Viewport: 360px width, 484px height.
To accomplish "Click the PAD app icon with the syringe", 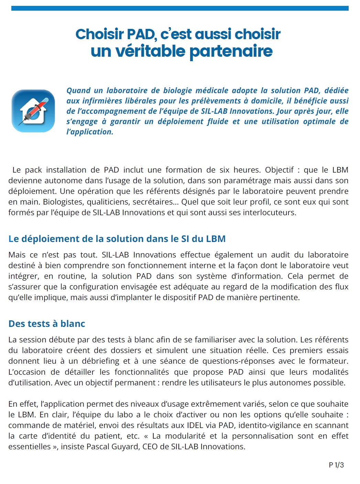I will coord(33,111).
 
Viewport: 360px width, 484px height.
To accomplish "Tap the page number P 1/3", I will coord(336,465).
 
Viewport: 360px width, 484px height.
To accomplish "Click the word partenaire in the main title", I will coord(231,52).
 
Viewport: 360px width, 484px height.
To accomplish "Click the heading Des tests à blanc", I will coord(47,324).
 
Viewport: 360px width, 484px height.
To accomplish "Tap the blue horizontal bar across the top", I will coord(180,8).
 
